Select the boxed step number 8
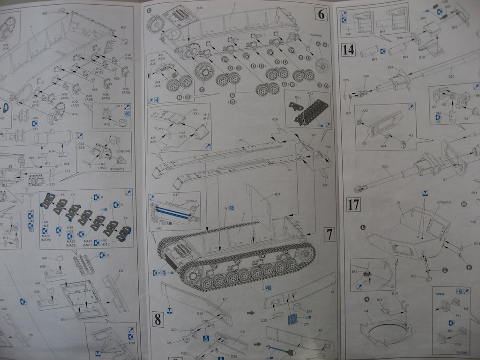157,320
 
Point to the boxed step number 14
348,49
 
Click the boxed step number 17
353,205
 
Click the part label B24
277,195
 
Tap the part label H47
175,195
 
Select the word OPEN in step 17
440,294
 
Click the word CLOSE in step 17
461,352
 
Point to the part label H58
44,14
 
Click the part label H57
124,28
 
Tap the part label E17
35,129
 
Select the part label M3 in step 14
411,136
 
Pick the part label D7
445,180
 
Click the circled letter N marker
367,299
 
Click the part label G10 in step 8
200,314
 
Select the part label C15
306,324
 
